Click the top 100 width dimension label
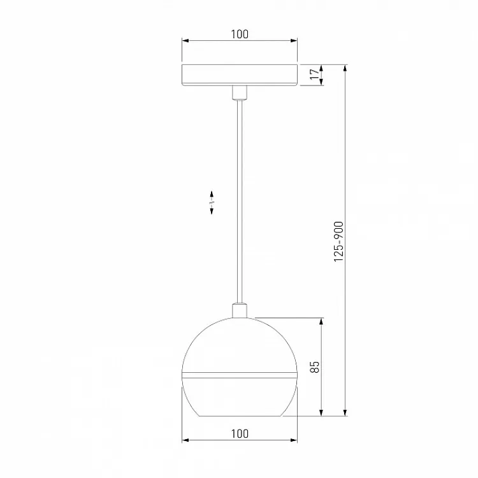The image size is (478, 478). pos(239,34)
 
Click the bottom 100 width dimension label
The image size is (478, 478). pos(239,434)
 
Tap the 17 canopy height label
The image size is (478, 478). pos(314,75)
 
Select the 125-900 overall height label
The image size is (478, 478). pos(338,241)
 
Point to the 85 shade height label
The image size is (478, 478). pos(314,366)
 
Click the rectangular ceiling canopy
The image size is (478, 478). pos(239,75)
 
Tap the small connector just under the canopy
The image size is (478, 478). pos(239,93)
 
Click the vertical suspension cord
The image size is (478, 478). pos(239,204)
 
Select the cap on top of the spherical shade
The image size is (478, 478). pos(239,310)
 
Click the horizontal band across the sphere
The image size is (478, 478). pos(239,373)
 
